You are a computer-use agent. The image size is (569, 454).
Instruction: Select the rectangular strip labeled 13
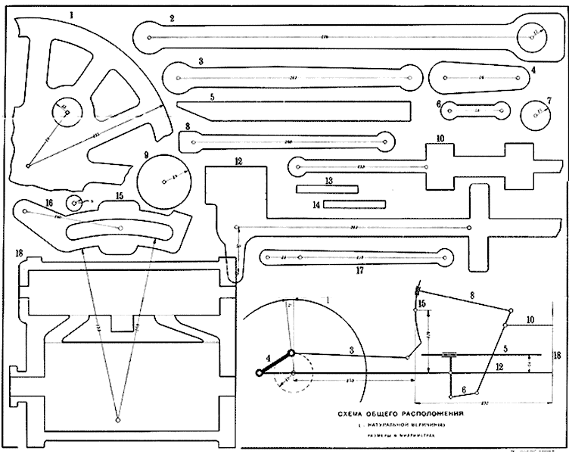click(x=327, y=188)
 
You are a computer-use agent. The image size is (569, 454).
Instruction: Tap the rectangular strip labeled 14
click(x=354, y=204)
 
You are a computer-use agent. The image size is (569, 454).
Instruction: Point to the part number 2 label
click(x=173, y=18)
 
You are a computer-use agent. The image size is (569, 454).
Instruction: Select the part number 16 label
click(x=28, y=202)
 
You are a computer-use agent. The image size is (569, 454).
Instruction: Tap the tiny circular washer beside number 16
click(x=75, y=203)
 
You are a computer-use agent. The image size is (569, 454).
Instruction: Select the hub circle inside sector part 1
click(x=67, y=113)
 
